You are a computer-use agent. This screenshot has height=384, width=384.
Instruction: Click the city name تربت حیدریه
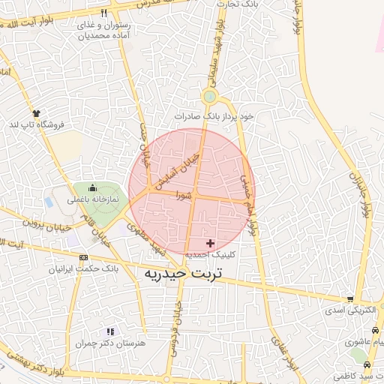point(184,274)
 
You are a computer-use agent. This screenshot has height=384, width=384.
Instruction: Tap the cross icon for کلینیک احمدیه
point(210,243)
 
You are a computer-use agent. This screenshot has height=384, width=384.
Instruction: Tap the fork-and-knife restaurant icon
point(103,13)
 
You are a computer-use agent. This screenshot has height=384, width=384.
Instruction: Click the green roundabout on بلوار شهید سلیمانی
point(209,97)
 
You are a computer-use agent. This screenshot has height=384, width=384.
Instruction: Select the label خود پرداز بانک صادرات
point(214,116)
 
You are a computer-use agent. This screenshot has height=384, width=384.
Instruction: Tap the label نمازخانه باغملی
point(93,200)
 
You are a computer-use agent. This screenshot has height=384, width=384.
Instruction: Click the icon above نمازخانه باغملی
point(92,187)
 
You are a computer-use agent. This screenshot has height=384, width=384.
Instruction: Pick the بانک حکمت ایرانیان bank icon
point(82,256)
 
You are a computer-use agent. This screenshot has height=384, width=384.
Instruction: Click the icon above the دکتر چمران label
point(110,331)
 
